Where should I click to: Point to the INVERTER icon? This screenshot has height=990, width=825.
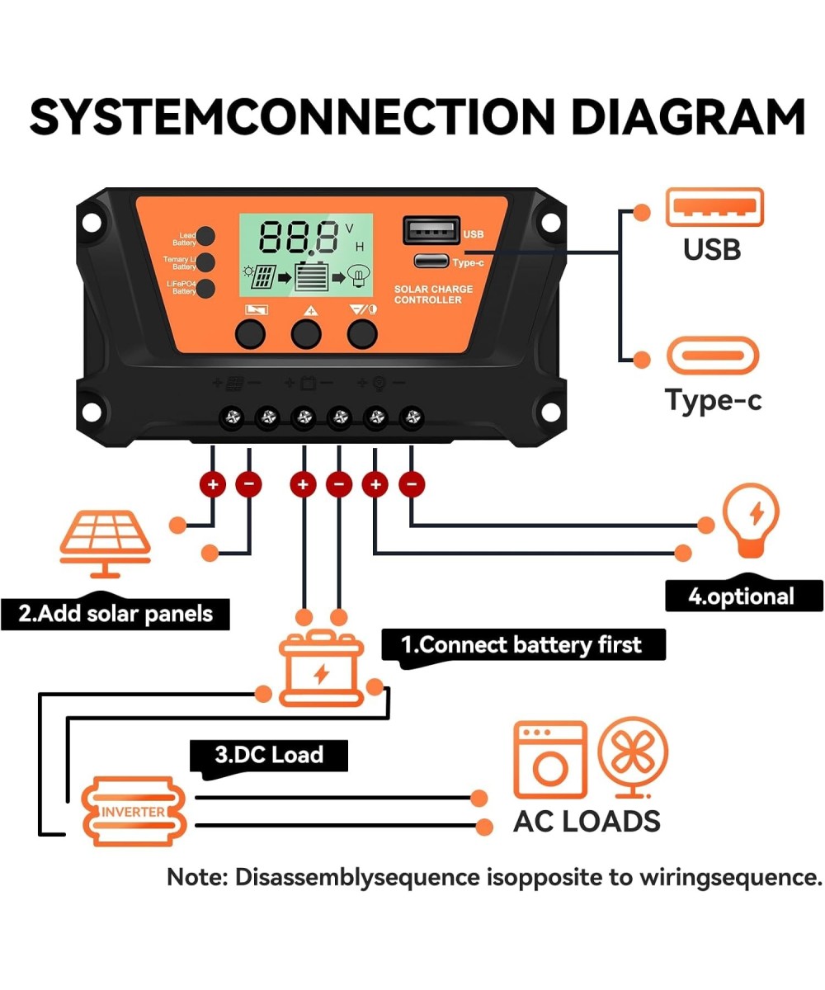click(134, 812)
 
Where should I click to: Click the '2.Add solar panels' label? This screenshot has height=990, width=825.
click(115, 614)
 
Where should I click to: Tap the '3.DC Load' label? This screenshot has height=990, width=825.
click(268, 754)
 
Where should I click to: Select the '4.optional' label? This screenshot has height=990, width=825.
click(742, 596)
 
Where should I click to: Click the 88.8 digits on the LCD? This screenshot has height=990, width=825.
click(299, 238)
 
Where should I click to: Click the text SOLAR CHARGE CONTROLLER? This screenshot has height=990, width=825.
click(433, 295)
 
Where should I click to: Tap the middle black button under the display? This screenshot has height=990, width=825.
click(305, 333)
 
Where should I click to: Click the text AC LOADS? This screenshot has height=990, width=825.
click(587, 821)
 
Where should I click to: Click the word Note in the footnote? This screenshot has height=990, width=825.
click(196, 877)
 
